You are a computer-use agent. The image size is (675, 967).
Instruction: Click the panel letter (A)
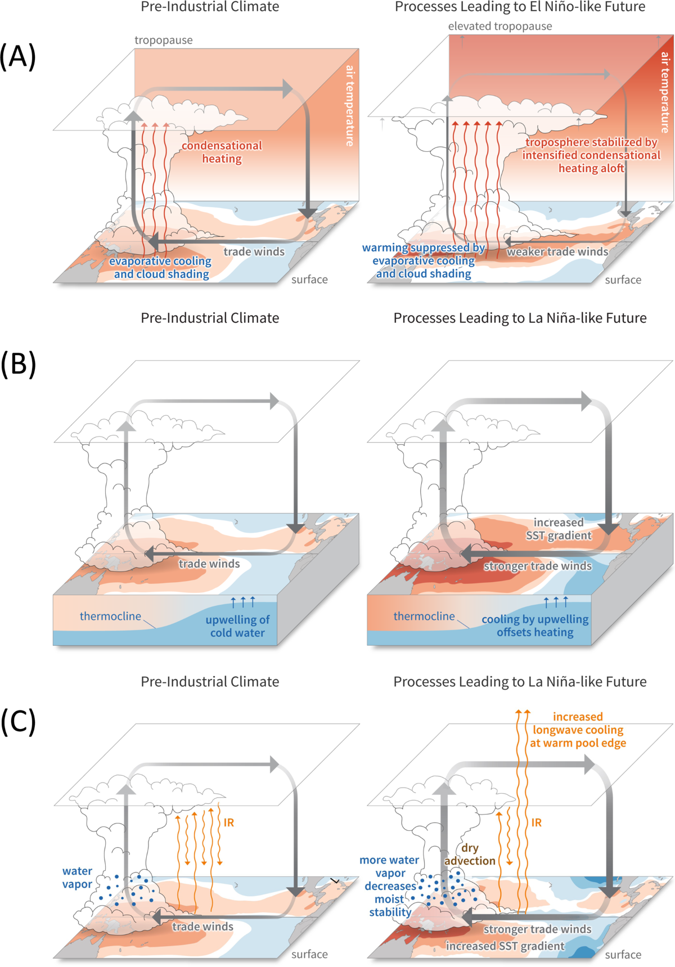[x=18, y=56]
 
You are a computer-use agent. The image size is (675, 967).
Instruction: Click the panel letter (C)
[x=18, y=722]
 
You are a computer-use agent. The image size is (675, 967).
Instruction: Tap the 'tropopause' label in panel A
[x=163, y=40]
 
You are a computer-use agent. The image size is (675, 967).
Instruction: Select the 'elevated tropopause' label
[x=499, y=26]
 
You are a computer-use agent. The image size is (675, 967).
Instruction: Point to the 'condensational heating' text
[x=222, y=152]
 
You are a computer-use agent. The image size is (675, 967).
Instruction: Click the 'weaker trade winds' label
[x=557, y=251]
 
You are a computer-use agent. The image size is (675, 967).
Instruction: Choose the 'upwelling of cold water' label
[x=237, y=626]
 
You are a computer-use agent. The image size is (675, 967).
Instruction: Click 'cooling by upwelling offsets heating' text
[x=534, y=626]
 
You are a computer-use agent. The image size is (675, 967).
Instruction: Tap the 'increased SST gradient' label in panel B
[x=559, y=529]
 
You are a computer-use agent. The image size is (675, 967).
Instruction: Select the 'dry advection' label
[x=470, y=854]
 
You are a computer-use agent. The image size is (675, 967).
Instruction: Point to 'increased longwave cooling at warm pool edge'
[x=578, y=730]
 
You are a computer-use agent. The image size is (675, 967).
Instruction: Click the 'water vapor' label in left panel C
[x=77, y=878]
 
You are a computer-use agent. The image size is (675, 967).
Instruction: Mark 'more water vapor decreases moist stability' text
[x=390, y=886]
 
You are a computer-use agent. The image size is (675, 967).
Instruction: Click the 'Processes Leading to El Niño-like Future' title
[x=520, y=7]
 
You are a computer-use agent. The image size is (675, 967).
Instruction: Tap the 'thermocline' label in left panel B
[x=110, y=616]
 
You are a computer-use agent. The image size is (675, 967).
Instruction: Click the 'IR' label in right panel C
[x=536, y=822]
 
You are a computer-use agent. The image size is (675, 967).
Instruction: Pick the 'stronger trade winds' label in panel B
[x=537, y=566]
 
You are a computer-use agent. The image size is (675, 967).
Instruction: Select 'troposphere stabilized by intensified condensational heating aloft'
[x=591, y=155]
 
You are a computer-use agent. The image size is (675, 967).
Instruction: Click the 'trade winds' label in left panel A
[x=254, y=251]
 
